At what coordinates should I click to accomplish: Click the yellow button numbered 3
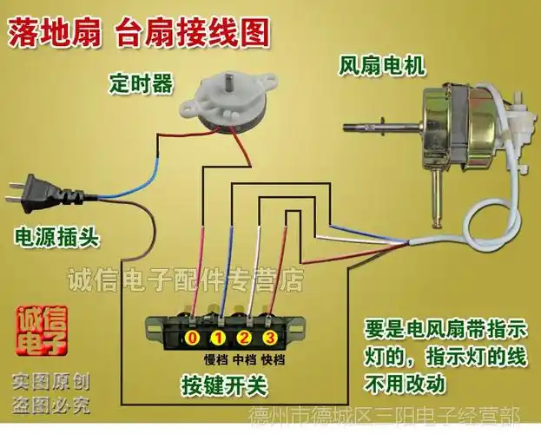click(270, 337)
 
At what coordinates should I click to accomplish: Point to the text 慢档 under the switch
click(214, 358)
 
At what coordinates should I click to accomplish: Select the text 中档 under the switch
click(243, 358)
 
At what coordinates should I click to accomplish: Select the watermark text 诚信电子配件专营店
click(187, 279)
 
